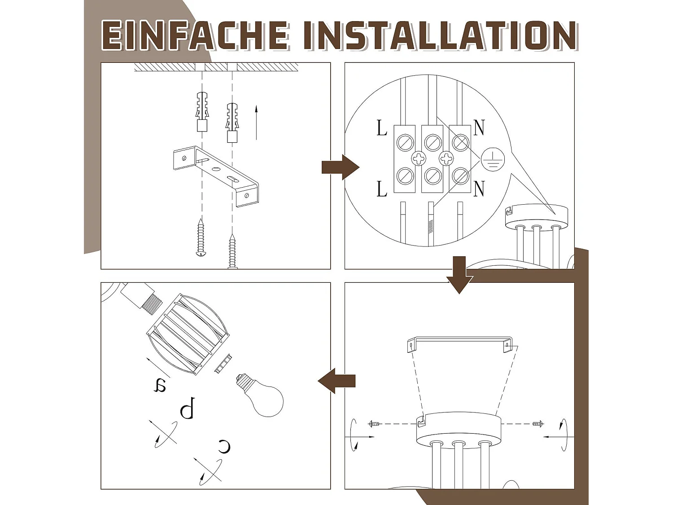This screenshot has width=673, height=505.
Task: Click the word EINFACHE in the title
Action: tap(196, 36)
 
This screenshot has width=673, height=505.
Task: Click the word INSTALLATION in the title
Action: tap(441, 36)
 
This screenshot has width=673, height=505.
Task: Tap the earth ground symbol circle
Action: tap(493, 159)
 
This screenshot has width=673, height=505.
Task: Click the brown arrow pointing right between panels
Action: tap(341, 167)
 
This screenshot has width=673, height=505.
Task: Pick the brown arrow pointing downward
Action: tap(459, 275)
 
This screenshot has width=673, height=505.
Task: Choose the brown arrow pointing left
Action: tap(336, 381)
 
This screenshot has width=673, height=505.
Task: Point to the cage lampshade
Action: tap(188, 334)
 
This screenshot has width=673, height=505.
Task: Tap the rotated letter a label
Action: tap(160, 386)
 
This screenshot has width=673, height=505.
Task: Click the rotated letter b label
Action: tap(188, 408)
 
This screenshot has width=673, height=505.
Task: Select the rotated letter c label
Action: tap(224, 447)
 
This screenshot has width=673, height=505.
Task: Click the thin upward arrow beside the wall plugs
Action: tap(256, 123)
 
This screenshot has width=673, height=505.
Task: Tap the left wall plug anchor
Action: tap(202, 111)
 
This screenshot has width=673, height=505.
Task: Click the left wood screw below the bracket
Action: tap(201, 237)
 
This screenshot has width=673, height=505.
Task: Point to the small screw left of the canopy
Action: tap(374, 424)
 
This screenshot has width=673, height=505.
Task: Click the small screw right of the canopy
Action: tap(538, 424)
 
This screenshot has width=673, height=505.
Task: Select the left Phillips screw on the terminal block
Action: tap(419, 158)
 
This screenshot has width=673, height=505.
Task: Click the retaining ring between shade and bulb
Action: tap(223, 364)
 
